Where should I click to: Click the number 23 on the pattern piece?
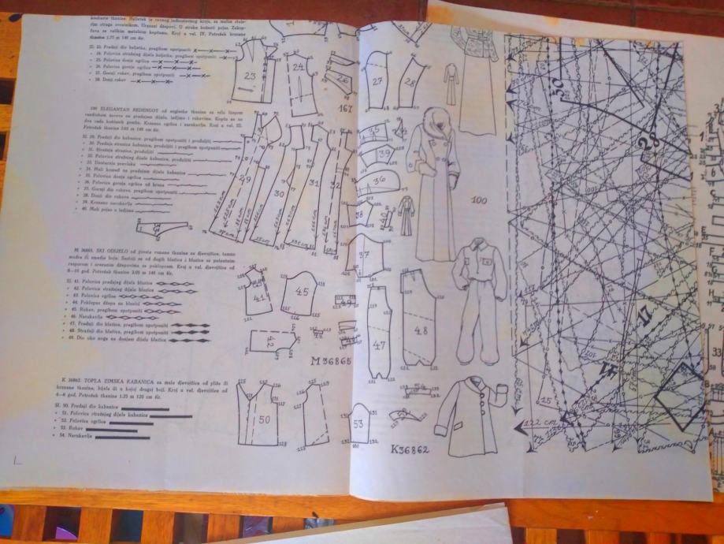pyautogui.click(x=250, y=76)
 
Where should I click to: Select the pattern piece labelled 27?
pyautogui.click(x=377, y=81)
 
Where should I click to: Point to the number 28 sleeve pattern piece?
pyautogui.click(x=410, y=81)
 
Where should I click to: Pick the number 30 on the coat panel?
pyautogui.click(x=278, y=193)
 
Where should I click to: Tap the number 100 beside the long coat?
pyautogui.click(x=478, y=199)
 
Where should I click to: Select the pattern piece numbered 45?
pyautogui.click(x=302, y=291)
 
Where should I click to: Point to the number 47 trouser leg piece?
pyautogui.click(x=379, y=345)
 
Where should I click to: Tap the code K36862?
pyautogui.click(x=409, y=450)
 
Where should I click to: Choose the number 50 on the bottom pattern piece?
pyautogui.click(x=265, y=419)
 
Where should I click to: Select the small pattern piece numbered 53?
pyautogui.click(x=358, y=424)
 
